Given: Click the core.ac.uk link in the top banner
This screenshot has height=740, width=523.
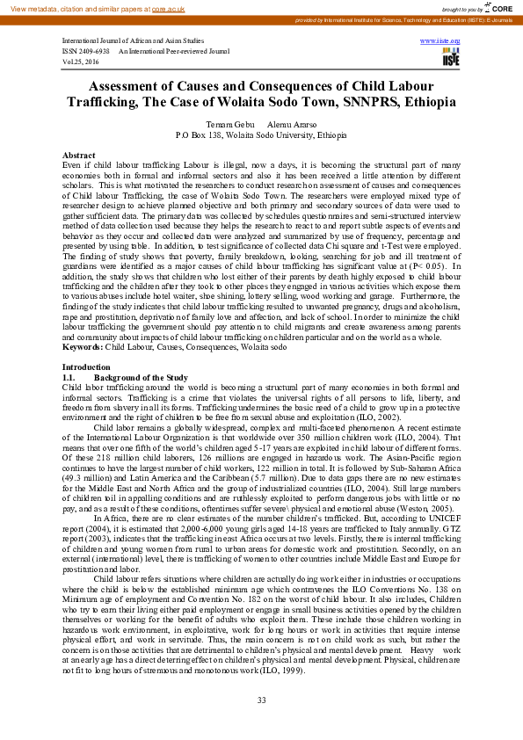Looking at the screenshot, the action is (169, 8).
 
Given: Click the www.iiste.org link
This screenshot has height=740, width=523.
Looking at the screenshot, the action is (445, 41).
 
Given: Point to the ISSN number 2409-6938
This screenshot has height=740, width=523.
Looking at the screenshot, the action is (96, 51).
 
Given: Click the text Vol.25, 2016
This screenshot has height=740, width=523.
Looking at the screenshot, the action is (82, 62).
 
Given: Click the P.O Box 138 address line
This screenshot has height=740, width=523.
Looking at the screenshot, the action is (261, 136).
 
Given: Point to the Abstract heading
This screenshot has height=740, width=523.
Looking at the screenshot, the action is (79, 155).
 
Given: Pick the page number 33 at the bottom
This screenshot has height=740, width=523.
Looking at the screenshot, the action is (261, 700).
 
